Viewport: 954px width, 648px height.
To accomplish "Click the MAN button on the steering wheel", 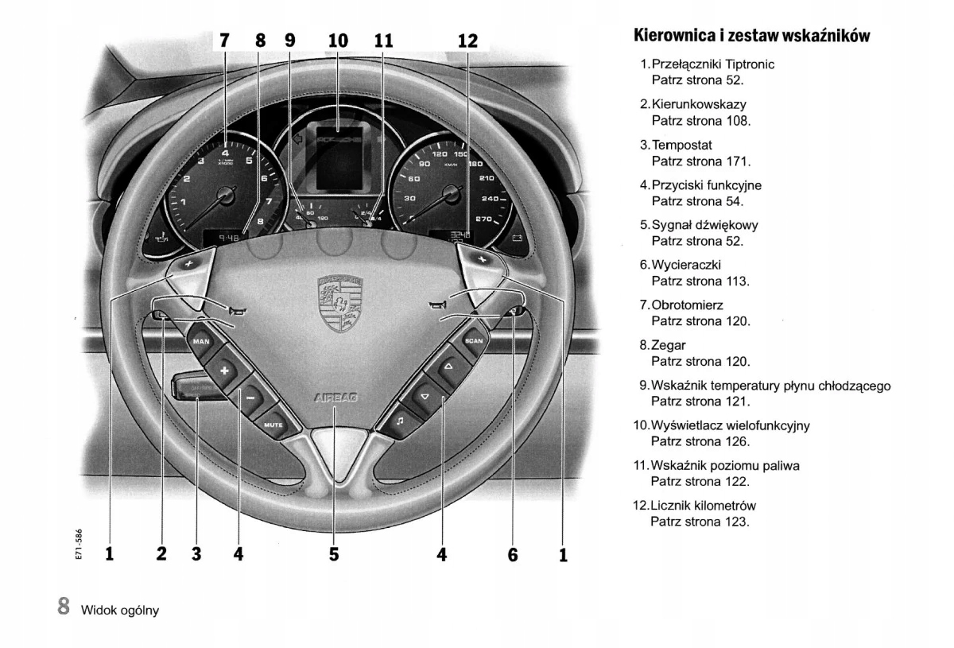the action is click(200, 341).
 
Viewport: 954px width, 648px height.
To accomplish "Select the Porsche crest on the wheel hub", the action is click(339, 303).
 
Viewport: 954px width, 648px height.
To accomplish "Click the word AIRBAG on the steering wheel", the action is click(336, 396).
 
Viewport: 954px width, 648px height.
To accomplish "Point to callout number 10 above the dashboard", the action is click(338, 40).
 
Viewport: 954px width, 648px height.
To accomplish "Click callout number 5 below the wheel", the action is click(334, 554).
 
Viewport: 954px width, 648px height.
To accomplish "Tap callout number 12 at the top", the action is click(467, 40).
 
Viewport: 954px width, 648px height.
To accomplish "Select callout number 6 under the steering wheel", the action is click(513, 554).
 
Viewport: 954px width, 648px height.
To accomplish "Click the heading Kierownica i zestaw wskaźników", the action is click(751, 36).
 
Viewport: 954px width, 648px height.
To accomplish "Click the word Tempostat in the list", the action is click(682, 145).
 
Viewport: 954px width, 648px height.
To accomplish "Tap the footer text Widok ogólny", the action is click(120, 610).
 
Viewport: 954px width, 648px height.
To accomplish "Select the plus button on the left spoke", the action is click(224, 371).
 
